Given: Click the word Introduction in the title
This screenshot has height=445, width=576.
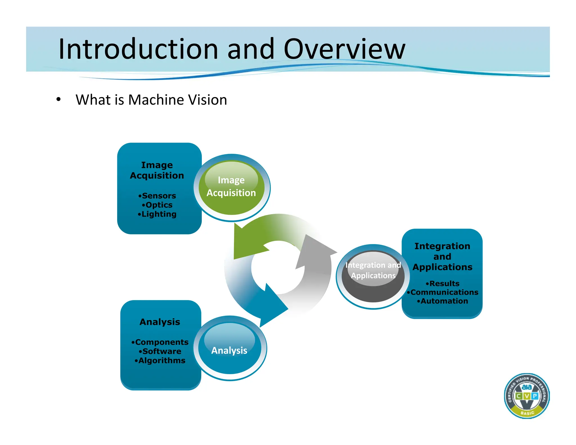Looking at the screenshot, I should tap(138, 49).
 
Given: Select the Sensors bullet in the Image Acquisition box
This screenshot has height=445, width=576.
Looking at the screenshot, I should tap(157, 196).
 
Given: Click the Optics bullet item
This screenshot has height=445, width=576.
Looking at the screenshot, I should tap(157, 205).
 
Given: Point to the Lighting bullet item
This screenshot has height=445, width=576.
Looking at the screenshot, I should tap(157, 214).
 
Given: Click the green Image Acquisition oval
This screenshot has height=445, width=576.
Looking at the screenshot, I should tap(231, 187).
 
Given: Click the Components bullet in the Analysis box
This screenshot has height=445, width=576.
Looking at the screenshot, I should tap(160, 342).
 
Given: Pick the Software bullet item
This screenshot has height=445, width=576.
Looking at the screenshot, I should tap(160, 352).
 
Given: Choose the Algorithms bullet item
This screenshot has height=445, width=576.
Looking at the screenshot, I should tap(160, 361).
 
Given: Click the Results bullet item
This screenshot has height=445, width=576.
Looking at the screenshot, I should tap(443, 284).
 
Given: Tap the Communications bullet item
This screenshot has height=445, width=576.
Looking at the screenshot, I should tap(443, 292).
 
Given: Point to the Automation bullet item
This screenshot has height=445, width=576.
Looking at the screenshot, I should tap(443, 301).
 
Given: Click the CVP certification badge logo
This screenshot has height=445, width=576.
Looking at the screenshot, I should tap(526, 396).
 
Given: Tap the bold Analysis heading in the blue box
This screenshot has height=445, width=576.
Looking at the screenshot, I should tap(160, 322).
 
